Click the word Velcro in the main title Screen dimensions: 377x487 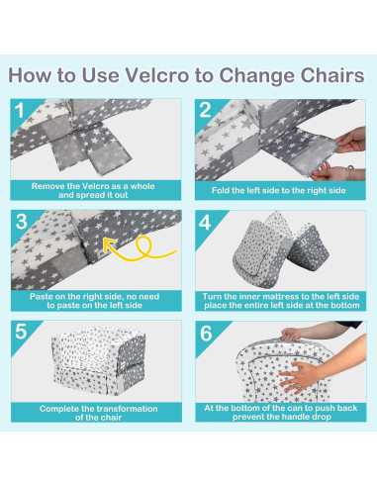click(157, 75)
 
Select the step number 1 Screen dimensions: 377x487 click(20, 110)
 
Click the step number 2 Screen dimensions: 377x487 click(205, 110)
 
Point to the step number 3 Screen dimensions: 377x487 click(21, 222)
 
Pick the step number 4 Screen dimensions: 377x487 click(205, 223)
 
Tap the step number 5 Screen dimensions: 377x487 click(21, 332)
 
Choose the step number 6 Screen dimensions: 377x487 click(206, 334)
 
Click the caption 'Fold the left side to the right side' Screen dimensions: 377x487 click(279, 190)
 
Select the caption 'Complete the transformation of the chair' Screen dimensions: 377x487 click(98, 413)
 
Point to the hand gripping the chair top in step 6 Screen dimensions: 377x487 click(290, 334)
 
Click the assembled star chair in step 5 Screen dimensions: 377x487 click(98, 360)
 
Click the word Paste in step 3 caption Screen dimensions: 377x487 click(41, 296)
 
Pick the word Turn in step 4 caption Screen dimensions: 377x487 click(211, 296)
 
